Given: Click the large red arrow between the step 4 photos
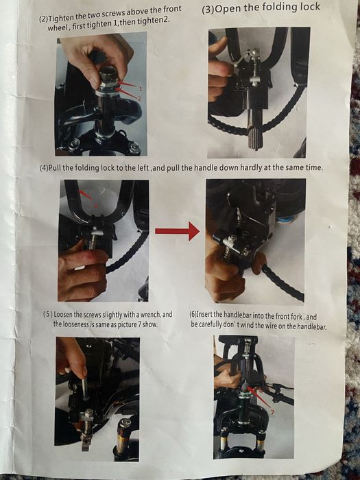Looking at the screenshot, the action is click(178, 231).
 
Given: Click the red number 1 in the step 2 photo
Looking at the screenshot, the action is click(141, 88).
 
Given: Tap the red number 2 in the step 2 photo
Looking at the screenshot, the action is click(139, 99).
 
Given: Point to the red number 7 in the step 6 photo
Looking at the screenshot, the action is click(272, 412).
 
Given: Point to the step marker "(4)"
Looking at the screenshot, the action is click(44, 168).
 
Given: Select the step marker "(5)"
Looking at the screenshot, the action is click(48, 314).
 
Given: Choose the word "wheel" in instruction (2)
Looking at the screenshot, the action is click(58, 28).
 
